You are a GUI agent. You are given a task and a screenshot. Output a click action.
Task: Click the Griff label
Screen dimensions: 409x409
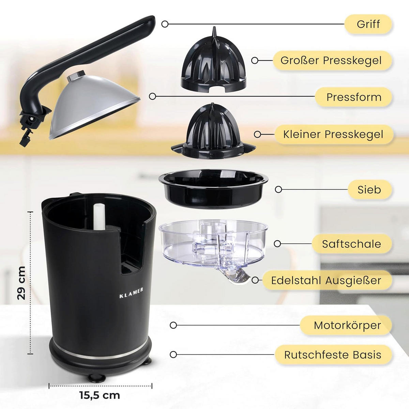(x=368, y=24)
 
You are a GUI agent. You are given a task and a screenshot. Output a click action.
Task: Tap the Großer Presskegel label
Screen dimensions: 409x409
(x=331, y=61)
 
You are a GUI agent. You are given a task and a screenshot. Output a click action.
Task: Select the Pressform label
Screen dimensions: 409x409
(x=354, y=97)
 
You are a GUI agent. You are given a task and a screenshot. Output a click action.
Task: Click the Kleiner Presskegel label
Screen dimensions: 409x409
(x=333, y=134)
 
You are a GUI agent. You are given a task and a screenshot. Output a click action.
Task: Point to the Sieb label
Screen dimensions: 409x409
(x=369, y=190)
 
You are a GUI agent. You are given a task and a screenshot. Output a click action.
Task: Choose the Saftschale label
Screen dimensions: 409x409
(x=351, y=244)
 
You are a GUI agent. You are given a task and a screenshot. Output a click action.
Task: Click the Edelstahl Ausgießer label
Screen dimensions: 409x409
(x=326, y=281)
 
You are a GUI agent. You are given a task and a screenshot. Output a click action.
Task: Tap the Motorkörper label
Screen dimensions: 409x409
(x=347, y=325)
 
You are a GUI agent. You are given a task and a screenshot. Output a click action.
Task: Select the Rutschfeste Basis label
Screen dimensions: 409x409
(x=333, y=355)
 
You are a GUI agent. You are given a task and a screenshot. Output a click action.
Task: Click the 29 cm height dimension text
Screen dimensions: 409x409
(x=21, y=283)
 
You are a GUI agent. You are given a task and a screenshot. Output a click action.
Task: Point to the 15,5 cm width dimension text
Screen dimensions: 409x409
(x=100, y=395)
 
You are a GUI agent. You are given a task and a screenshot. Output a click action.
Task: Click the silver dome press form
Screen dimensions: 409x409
(x=92, y=106)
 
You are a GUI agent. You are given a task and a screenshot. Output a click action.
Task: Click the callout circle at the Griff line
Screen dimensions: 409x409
(x=165, y=24)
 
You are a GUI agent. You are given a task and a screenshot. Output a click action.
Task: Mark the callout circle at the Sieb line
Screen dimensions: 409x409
(x=278, y=190)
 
